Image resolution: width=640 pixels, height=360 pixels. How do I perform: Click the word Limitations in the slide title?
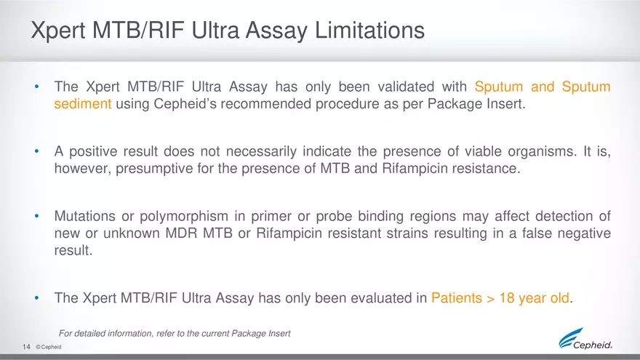tap(369, 31)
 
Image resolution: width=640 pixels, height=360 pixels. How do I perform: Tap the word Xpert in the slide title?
tap(58, 31)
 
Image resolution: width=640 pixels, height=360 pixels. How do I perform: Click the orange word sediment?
tap(83, 104)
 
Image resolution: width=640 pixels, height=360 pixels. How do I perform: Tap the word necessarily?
tap(261, 151)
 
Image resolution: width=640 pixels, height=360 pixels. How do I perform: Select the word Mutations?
tap(85, 216)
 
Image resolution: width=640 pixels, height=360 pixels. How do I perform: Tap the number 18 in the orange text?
tap(506, 298)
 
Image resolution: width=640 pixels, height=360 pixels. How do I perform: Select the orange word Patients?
tap(457, 298)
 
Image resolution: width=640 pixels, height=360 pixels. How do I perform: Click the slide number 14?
tap(26, 347)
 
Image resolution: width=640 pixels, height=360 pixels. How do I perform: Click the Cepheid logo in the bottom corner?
tap(585, 339)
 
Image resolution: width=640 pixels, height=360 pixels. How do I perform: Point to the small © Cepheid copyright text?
tap(49, 347)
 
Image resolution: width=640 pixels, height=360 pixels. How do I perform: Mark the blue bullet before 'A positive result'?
tap(37, 151)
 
